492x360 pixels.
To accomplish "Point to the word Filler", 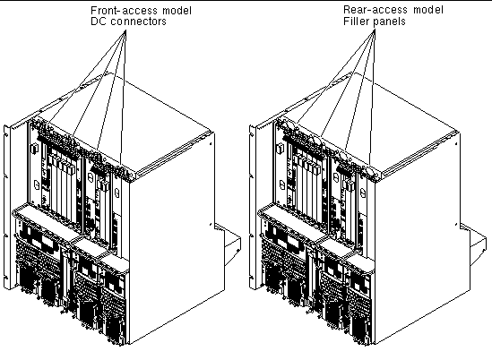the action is tap(356, 21).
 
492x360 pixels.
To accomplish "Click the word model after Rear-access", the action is tap(428, 10).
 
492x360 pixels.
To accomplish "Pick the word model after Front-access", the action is tap(177, 11).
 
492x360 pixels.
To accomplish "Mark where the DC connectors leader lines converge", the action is tap(125, 30).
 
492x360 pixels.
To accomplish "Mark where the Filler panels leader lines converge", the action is tap(375, 30).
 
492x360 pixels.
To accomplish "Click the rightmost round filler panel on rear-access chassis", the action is tap(371, 171).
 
